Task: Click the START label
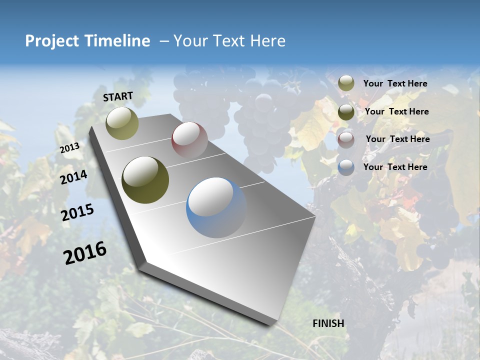click(x=118, y=96)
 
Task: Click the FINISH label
click(x=328, y=323)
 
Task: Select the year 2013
click(x=69, y=147)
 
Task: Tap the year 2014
click(x=73, y=177)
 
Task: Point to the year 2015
click(x=77, y=212)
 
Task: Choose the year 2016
click(x=85, y=252)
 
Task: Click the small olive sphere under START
click(x=122, y=123)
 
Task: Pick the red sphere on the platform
click(x=189, y=139)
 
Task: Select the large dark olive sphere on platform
click(x=145, y=180)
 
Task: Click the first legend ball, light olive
click(x=346, y=83)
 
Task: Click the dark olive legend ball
click(x=346, y=112)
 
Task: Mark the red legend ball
click(x=346, y=139)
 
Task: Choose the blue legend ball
click(x=346, y=167)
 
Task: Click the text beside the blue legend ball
click(x=395, y=167)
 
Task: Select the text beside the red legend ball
click(x=397, y=139)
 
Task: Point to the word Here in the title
click(x=268, y=41)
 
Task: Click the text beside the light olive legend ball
click(x=395, y=83)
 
